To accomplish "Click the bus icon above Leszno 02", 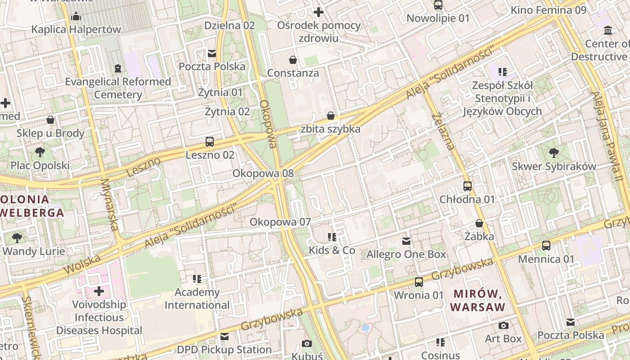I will [210, 142].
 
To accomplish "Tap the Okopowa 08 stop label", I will [263, 173].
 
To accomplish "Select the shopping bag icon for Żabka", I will [479, 223].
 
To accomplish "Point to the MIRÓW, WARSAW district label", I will [477, 301].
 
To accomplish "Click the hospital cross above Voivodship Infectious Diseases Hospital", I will [99, 291].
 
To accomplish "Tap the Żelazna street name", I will [443, 131].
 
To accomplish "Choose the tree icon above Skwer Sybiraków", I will [554, 153].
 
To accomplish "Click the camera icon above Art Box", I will [504, 325].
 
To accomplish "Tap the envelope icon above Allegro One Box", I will [406, 241].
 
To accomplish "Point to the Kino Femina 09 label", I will [549, 10].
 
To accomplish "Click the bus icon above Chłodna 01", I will [468, 186].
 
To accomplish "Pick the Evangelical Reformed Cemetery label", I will [118, 88].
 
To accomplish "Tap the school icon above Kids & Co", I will [332, 237].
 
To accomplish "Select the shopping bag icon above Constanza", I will [293, 60].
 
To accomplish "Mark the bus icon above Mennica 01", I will [546, 246].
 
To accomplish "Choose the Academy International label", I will [197, 298].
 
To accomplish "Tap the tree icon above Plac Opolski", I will [40, 152].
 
